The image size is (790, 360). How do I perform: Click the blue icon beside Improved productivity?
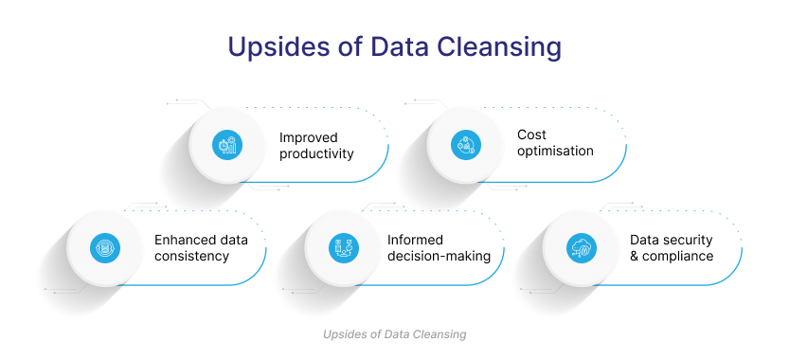226,145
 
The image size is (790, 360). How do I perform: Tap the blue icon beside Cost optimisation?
465,145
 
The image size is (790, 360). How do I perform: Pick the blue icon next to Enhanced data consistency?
105,248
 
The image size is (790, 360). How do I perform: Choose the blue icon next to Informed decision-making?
344,248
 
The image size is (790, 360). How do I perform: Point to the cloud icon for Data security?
582,248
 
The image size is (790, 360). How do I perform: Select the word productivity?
316,153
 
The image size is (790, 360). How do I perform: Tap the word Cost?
531,135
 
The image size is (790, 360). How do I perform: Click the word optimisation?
555,151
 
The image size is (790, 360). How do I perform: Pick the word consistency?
192,256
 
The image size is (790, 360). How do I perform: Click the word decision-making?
439,256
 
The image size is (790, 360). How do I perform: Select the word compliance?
677,256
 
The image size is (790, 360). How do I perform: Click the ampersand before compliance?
635,256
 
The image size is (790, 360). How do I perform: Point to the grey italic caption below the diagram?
394,334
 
